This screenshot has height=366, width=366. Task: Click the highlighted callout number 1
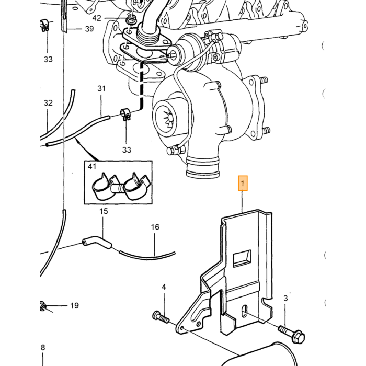click(x=243, y=184)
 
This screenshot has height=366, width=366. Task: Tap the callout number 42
click(x=97, y=18)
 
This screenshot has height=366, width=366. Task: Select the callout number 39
click(x=89, y=29)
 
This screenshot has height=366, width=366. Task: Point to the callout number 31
click(x=101, y=88)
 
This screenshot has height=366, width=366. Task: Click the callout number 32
click(x=48, y=103)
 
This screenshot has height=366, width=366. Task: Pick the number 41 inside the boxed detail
click(x=92, y=166)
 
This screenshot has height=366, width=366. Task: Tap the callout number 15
click(x=104, y=211)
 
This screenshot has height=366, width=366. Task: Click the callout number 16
click(x=155, y=227)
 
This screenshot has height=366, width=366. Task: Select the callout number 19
click(x=74, y=305)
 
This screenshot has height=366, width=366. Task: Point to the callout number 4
click(x=164, y=287)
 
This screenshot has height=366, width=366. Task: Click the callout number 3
click(x=285, y=298)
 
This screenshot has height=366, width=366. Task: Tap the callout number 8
click(x=43, y=348)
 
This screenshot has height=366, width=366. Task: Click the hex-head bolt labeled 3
click(x=292, y=334)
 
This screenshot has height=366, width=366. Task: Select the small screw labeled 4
click(x=161, y=317)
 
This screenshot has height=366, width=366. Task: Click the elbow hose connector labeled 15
click(x=97, y=242)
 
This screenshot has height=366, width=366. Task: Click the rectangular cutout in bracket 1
click(x=242, y=258)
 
